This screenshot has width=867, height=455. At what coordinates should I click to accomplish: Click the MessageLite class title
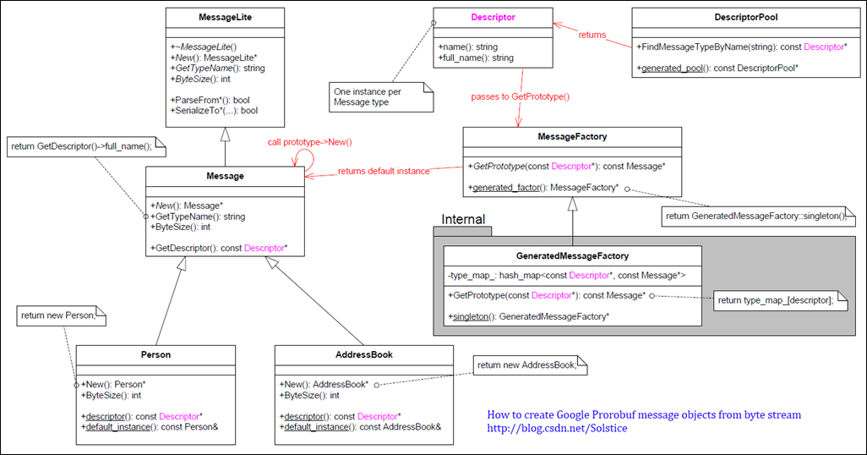click(225, 17)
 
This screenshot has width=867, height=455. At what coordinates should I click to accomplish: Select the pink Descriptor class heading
click(493, 17)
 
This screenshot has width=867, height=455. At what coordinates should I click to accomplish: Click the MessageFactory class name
click(572, 136)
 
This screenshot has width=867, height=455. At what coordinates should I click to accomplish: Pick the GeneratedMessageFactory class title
click(572, 255)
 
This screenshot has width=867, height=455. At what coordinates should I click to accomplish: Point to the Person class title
click(155, 354)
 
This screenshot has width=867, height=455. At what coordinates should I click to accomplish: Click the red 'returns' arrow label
click(592, 35)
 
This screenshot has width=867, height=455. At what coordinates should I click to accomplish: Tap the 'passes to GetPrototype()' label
click(521, 96)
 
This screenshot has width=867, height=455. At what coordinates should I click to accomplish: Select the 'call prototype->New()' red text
click(309, 142)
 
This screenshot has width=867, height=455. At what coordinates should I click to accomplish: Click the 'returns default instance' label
click(384, 171)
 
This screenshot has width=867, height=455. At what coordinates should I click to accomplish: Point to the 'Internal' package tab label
click(464, 220)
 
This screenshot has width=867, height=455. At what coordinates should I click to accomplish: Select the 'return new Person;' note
click(57, 315)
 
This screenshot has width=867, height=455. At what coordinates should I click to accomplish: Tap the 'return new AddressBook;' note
click(527, 365)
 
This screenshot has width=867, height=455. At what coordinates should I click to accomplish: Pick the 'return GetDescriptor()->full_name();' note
click(82, 146)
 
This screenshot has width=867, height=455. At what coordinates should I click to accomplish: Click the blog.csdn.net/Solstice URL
click(557, 429)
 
